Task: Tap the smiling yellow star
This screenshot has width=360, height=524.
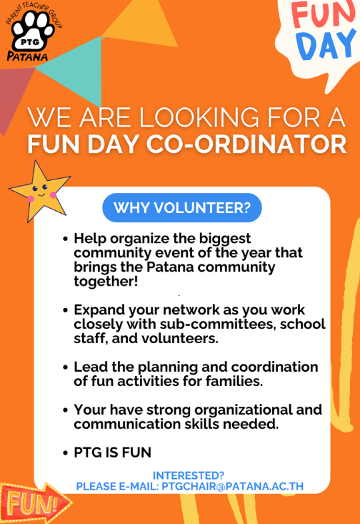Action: click(39, 191)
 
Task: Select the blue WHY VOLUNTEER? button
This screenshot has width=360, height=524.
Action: click(182, 207)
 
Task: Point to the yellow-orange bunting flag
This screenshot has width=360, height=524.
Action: click(142, 24)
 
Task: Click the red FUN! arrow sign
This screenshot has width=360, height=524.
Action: click(35, 503)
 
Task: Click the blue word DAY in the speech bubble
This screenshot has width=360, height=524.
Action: click(326, 45)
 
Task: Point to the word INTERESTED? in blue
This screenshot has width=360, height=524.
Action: click(189, 475)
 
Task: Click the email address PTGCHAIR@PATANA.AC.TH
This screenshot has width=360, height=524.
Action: click(232, 486)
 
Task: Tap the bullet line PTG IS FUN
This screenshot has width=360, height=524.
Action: click(113, 453)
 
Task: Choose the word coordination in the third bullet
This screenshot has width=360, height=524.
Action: click(274, 367)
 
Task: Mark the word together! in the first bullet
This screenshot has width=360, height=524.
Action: click(106, 282)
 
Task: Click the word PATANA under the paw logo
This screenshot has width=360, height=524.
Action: click(27, 56)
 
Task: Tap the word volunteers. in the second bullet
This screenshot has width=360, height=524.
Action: click(180, 339)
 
